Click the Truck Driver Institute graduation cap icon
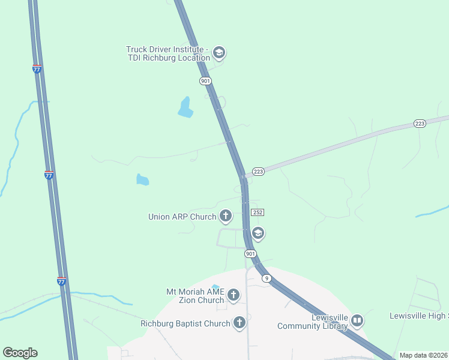pyautogui.click(x=219, y=53)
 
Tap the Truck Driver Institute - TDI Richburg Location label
pyautogui.click(x=167, y=53)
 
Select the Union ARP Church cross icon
pyautogui.click(x=226, y=216)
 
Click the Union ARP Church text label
pyautogui.click(x=182, y=217)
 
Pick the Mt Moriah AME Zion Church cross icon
pyautogui.click(x=234, y=295)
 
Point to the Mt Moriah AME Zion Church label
pyautogui.click(x=195, y=296)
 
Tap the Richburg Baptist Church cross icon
pyautogui.click(x=240, y=323)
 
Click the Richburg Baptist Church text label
pyautogui.click(x=185, y=324)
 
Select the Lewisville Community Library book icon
pyautogui.click(x=357, y=321)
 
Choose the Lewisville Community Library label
pyautogui.click(x=312, y=322)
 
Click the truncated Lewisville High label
pyautogui.click(x=419, y=316)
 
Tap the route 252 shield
pyautogui.click(x=258, y=212)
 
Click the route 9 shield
pyautogui.click(x=267, y=278)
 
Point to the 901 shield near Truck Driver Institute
pyautogui.click(x=205, y=80)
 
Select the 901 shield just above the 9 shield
pyautogui.click(x=250, y=254)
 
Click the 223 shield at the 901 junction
pyautogui.click(x=258, y=172)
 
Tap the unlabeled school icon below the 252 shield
pyautogui.click(x=258, y=233)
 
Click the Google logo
pyautogui.click(x=20, y=353)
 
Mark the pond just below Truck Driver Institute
pyautogui.click(x=185, y=107)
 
